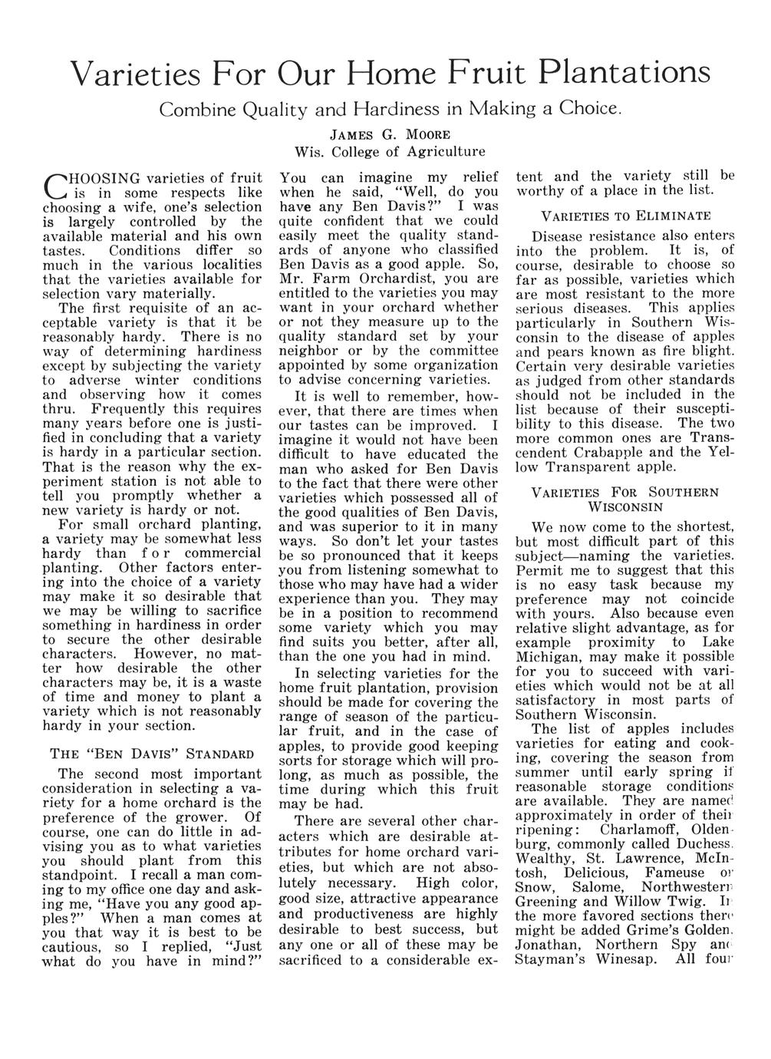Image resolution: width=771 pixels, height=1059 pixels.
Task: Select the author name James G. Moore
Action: pyautogui.click(x=390, y=133)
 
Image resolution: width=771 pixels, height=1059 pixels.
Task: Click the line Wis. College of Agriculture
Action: pyautogui.click(x=390, y=150)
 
